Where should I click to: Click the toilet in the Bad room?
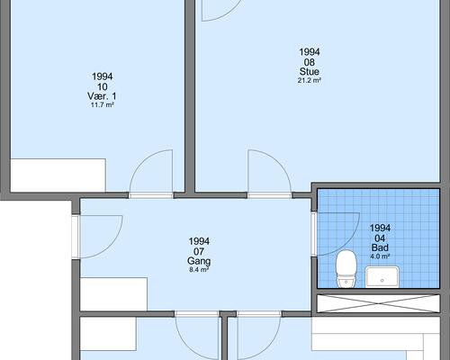(x=346, y=268)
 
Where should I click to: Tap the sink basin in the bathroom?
(x=382, y=276)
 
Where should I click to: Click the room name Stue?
(x=310, y=71)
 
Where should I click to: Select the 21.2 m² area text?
(x=310, y=80)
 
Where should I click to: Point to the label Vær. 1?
(x=102, y=96)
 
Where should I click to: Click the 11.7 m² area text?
(x=103, y=105)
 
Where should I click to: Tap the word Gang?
(x=199, y=261)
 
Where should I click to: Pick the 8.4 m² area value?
(x=199, y=270)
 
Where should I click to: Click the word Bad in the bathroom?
(x=380, y=247)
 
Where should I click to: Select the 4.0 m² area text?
(x=380, y=256)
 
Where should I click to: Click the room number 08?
(x=310, y=62)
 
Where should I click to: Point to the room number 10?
(x=103, y=86)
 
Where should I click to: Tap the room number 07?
(x=199, y=251)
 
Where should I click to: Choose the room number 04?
(x=380, y=238)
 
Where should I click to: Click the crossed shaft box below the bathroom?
(x=379, y=303)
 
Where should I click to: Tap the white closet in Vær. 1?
(x=58, y=175)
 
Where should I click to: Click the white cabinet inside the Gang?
(x=113, y=294)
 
